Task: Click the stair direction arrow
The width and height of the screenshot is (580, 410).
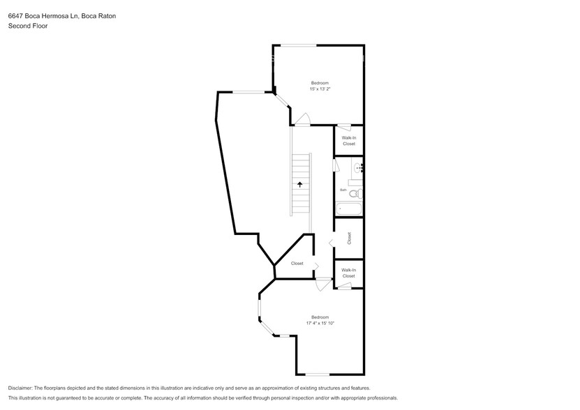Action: click(x=300, y=184)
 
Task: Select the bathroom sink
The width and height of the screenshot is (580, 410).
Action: click(x=358, y=167)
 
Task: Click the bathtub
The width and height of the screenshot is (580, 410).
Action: click(x=348, y=208)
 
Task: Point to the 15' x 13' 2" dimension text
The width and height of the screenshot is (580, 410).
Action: click(x=320, y=89)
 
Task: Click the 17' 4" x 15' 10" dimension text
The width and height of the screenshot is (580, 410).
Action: click(x=320, y=323)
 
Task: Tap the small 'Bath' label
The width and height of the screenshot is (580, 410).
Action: click(x=343, y=190)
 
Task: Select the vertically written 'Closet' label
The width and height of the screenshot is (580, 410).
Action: click(x=349, y=238)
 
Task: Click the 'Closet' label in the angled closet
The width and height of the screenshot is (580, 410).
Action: click(x=297, y=264)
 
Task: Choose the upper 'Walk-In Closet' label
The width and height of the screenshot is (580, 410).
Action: click(x=348, y=141)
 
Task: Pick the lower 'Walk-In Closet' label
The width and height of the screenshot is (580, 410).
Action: click(x=348, y=273)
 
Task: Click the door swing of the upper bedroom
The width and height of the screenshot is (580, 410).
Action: click(x=302, y=120)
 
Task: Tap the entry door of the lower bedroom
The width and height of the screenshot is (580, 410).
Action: click(x=324, y=284)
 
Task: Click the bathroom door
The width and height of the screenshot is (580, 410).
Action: click(x=336, y=167)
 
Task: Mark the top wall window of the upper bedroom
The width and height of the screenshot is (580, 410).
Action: click(x=298, y=46)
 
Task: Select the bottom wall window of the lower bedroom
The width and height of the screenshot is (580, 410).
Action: click(x=317, y=374)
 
